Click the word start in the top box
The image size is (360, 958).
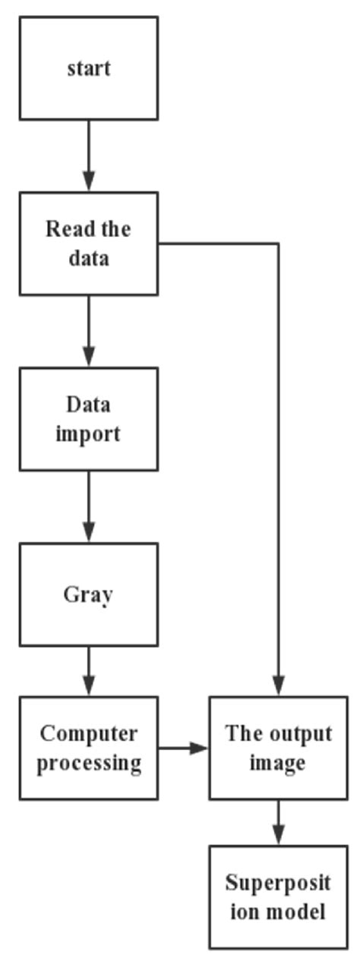[89, 68]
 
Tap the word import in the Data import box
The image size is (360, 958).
[89, 435]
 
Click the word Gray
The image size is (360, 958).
[89, 594]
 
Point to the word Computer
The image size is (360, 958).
[89, 733]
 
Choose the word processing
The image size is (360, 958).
[89, 762]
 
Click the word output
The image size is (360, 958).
[302, 733]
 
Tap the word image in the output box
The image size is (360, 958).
[279, 762]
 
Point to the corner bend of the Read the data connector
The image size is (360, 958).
[279, 244]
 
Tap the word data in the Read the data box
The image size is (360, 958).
[89, 258]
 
